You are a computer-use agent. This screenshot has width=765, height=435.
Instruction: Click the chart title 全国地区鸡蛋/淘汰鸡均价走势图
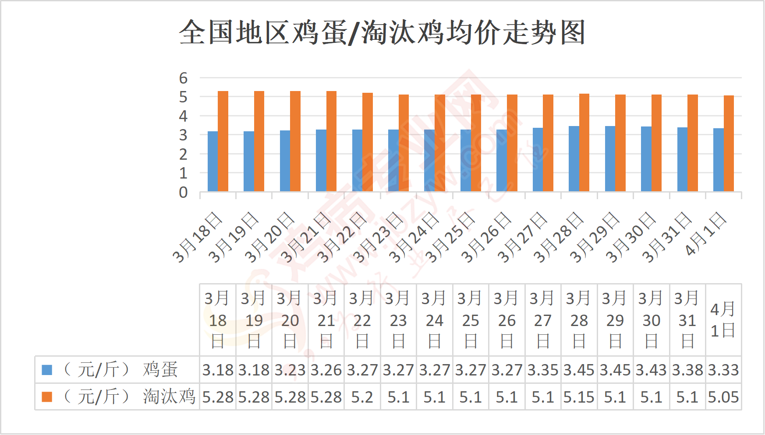pos(382,32)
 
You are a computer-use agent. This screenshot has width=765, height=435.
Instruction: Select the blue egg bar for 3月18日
pos(212,161)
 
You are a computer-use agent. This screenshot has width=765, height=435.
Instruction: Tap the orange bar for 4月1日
pos(729,144)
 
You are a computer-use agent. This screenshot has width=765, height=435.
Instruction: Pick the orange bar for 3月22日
pos(368,142)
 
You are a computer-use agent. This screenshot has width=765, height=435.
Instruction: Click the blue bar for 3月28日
pos(574,158)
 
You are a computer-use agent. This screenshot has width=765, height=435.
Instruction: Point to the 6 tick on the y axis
pos(183,78)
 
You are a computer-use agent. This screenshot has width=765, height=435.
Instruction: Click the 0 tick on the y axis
pos(183,192)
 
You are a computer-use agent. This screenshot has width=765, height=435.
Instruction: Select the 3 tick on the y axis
pos(183,135)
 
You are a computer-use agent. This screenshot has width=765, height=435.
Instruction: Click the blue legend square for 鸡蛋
pos(47,370)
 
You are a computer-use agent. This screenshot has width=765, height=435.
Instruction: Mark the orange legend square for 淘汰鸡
pos(47,397)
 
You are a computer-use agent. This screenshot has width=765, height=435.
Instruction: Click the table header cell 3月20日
pos(290,319)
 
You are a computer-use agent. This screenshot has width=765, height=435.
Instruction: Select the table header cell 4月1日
pos(723,319)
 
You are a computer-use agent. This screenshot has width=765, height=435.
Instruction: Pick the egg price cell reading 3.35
pos(543,370)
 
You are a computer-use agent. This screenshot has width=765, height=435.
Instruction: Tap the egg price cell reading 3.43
pos(651,370)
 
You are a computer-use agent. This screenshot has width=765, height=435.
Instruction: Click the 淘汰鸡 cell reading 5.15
pos(579,397)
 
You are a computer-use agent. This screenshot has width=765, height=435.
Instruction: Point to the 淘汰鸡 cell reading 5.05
pos(723,397)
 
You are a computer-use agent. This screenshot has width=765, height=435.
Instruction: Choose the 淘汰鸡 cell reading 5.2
pos(362,397)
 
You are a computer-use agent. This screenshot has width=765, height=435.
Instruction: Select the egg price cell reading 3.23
pos(290,370)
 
